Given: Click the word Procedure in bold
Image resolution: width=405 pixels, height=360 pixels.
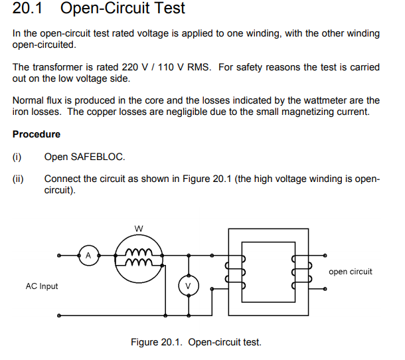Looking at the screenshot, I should pos(37,134).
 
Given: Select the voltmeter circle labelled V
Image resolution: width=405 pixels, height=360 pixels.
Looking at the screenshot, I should pos(188,286).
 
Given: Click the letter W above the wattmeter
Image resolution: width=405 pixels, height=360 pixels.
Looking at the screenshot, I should pos(138,228).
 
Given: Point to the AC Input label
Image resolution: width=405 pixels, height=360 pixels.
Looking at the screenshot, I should pos(42,286).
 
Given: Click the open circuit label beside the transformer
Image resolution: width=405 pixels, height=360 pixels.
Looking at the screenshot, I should pos(350,272).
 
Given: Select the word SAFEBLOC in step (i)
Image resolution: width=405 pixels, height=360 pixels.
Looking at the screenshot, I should pos(98,157).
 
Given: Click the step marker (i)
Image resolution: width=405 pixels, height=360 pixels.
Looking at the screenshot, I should pos(17,157).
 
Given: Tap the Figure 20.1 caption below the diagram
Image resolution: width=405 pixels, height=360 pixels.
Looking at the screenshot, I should pos(196,342).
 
